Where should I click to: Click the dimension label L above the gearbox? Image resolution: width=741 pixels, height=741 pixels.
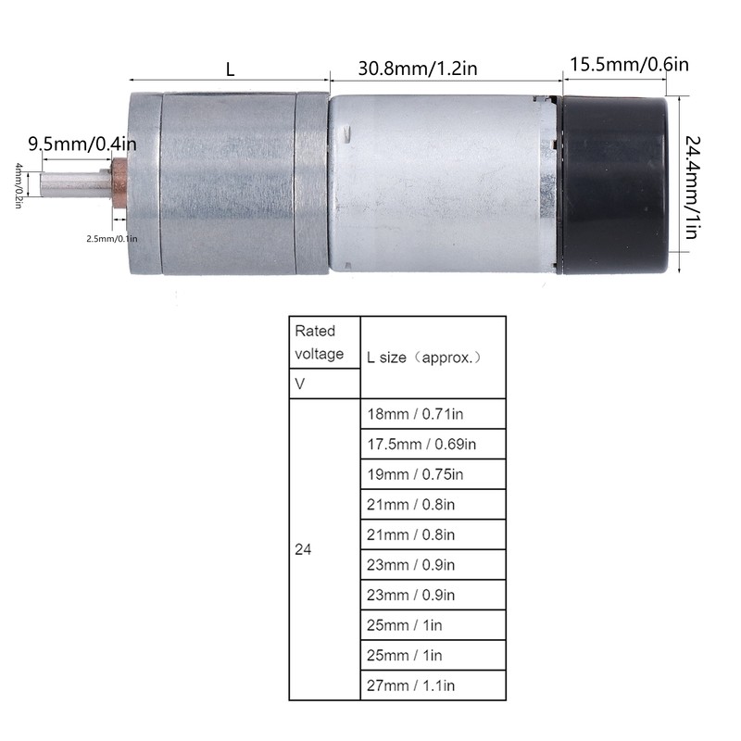click(229, 68)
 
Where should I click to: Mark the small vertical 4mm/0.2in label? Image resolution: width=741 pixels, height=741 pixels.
click(18, 185)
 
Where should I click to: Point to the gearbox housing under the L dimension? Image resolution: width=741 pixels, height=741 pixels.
click(230, 181)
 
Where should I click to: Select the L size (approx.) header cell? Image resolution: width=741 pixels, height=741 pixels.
click(432, 357)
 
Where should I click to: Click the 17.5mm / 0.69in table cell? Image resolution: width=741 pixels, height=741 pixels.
click(432, 444)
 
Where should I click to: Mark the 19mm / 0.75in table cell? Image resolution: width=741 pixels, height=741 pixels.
click(432, 474)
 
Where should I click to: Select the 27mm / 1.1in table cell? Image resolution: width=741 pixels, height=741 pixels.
click(432, 685)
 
